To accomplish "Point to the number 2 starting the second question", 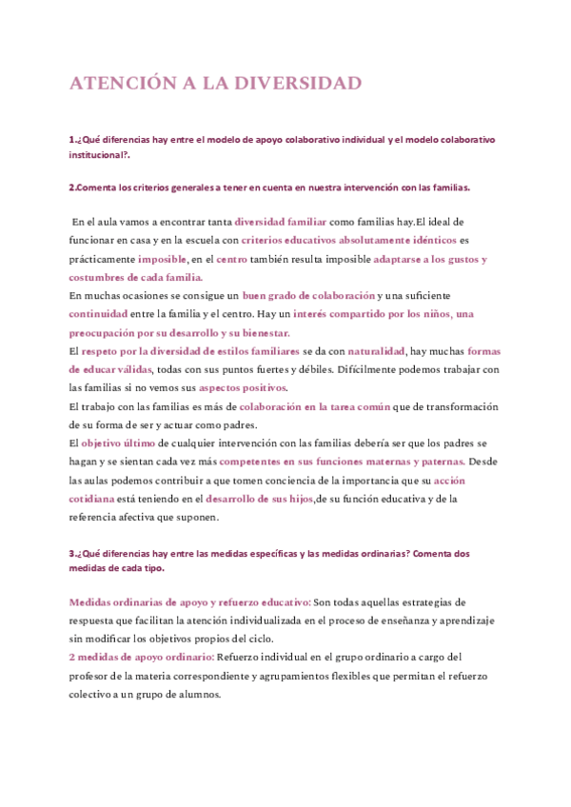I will pyautogui.click(x=71, y=187).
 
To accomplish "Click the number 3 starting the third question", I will pyautogui.click(x=71, y=553).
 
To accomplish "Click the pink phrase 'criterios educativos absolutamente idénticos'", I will pyautogui.click(x=348, y=240).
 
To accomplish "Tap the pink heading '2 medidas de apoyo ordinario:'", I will pyautogui.click(x=141, y=657).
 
